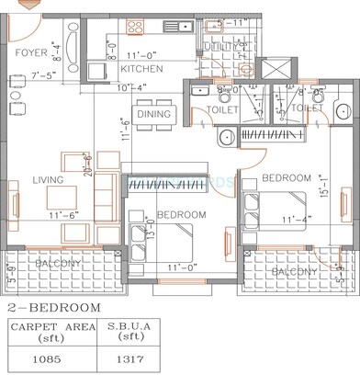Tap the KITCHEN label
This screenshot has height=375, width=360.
coord(142,69)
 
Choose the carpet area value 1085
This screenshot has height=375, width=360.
coord(48,359)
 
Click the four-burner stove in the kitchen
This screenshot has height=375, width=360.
coord(96,69)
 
